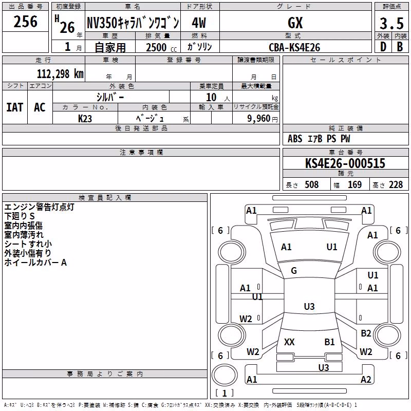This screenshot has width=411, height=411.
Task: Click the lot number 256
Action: (x=25, y=22)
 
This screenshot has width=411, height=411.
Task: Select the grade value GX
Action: (x=295, y=23)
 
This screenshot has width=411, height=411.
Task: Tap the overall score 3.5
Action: (x=391, y=24)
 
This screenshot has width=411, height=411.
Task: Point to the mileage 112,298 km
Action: (x=60, y=74)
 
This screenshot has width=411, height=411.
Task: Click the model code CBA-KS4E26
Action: (x=294, y=47)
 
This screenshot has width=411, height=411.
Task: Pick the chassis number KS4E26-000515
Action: (x=345, y=163)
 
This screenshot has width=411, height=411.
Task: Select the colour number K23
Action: (x=85, y=119)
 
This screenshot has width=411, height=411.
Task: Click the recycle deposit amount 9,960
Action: (x=258, y=118)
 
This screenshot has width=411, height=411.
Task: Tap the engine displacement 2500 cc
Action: (x=161, y=47)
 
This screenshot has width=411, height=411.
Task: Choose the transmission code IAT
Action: (x=15, y=107)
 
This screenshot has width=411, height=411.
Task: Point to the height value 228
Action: (x=396, y=185)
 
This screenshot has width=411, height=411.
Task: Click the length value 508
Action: (x=312, y=185)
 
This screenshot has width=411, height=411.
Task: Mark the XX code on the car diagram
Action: (x=289, y=342)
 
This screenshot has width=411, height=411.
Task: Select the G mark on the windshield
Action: (x=294, y=271)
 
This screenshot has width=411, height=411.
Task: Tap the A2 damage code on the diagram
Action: (x=366, y=379)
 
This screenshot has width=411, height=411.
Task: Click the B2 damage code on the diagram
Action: (x=366, y=333)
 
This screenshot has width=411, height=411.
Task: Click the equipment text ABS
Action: (x=295, y=139)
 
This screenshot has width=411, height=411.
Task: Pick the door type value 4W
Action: (x=199, y=23)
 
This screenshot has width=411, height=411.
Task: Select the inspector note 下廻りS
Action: (x=20, y=216)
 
